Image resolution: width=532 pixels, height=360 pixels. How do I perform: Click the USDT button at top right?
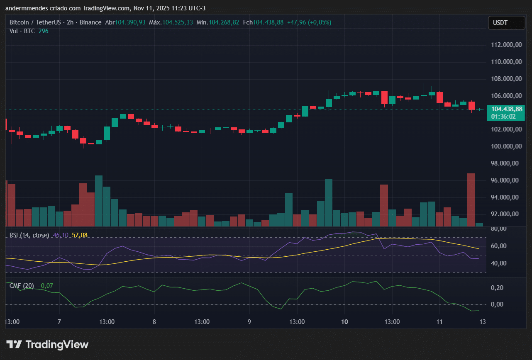point(500,23)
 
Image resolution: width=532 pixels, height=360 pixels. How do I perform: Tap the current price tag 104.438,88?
point(506,109)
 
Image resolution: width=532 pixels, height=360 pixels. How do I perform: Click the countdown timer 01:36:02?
point(503,117)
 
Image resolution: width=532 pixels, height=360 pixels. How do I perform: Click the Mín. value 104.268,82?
point(224,22)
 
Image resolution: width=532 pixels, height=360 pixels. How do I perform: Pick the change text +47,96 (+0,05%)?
point(309,22)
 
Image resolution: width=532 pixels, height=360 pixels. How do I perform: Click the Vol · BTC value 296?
point(43,31)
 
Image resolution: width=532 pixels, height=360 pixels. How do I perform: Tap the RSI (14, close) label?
point(29,235)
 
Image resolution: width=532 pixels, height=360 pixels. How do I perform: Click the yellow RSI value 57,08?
point(80,235)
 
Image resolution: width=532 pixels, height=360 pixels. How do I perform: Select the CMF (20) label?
point(22,286)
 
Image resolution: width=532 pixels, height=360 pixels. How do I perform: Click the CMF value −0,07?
point(45,286)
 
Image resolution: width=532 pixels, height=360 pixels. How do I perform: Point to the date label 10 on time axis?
point(344,322)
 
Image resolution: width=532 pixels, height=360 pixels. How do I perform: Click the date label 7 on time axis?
point(59,322)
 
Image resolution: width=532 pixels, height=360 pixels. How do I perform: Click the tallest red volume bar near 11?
point(471,199)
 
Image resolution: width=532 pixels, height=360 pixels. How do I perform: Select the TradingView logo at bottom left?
point(47,344)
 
